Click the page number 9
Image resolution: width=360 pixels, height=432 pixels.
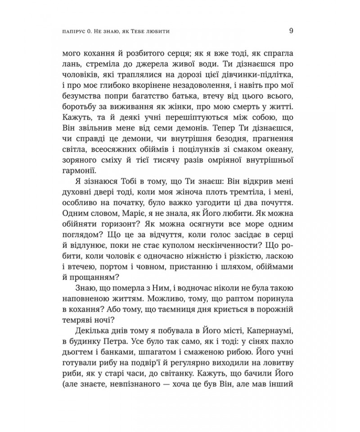[x=292, y=31]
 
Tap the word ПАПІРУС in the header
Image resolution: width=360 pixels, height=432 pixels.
[x=77, y=32]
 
